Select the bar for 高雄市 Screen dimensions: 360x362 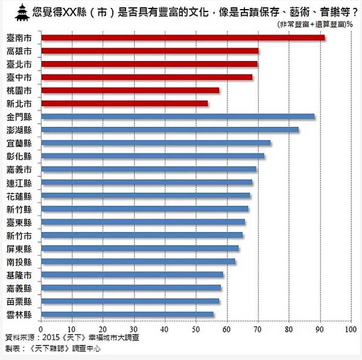coord(150,51)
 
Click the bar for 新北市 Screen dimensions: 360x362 coord(124,103)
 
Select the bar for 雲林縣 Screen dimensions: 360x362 coord(127,314)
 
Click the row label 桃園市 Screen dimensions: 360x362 coord(19,91)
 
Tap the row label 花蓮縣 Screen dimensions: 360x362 coord(19,196)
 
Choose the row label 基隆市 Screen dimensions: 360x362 coord(19,275)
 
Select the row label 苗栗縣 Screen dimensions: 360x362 coord(19,301)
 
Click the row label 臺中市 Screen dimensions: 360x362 coord(19,77)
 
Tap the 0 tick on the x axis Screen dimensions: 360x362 coord(40,330)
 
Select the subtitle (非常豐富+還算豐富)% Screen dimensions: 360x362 coord(315,24)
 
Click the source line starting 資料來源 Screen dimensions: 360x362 coord(71,338)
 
